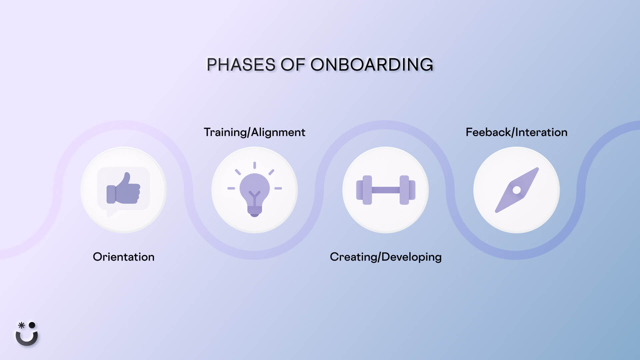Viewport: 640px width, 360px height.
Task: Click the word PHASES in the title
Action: click(241, 65)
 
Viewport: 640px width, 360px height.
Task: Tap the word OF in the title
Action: click(293, 65)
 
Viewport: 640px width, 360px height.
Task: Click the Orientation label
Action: click(123, 257)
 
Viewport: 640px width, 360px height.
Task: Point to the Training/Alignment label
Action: click(254, 132)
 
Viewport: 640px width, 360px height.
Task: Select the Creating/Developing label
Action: click(385, 257)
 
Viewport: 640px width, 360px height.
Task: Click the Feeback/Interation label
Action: click(516, 132)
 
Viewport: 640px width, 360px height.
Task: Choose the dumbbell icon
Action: click(386, 190)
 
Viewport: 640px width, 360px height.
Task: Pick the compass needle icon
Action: click(517, 190)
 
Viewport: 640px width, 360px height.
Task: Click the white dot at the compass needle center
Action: click(517, 190)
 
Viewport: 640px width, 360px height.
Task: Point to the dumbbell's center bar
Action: click(386, 190)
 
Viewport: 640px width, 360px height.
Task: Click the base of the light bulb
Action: click(254, 211)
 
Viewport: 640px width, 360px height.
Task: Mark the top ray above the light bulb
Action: click(254, 165)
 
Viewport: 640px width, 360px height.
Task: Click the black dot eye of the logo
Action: click(32, 325)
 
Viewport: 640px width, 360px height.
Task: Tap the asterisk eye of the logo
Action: click(21, 325)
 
